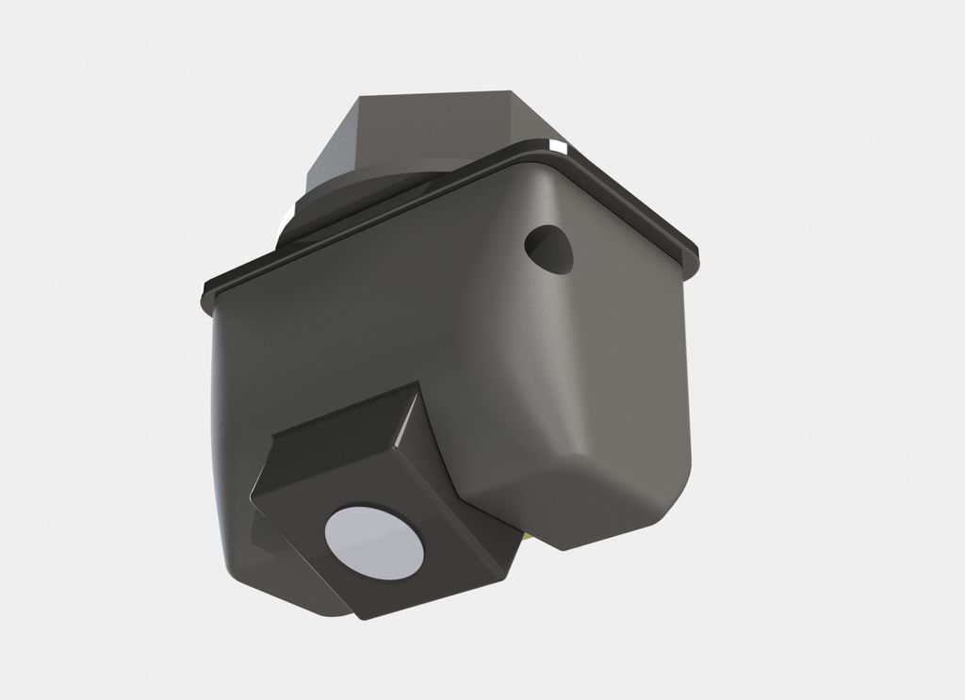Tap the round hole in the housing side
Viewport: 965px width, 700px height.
coord(549,248)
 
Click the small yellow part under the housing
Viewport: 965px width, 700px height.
coord(525,534)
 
